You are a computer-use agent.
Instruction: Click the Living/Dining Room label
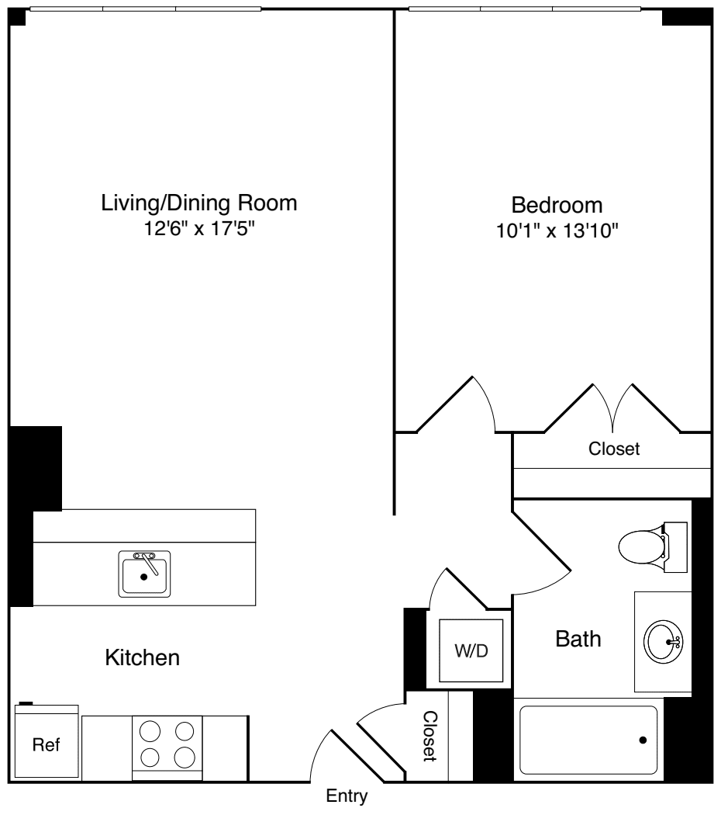[199, 203]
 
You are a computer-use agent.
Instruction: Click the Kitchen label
[143, 658]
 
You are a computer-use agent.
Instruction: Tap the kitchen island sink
[144, 574]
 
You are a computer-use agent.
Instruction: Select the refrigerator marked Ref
[46, 743]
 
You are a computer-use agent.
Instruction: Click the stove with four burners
[167, 743]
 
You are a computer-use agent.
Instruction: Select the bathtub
[589, 740]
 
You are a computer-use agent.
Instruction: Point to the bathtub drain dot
[643, 740]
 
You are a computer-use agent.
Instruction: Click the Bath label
[578, 639]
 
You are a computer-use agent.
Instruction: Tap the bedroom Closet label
[614, 449]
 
